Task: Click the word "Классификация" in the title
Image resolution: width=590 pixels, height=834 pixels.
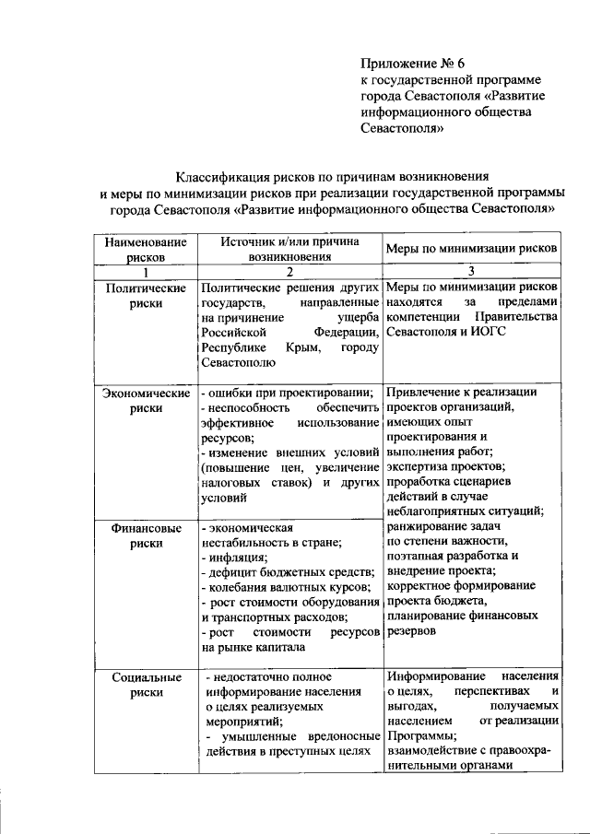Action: click(221, 175)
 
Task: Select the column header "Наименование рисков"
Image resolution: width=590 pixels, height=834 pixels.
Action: click(145, 250)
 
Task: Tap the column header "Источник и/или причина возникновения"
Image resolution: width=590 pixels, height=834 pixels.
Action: click(289, 250)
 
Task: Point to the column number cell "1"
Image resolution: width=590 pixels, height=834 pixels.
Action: click(145, 272)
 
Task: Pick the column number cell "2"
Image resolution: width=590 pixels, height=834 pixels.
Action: click(289, 272)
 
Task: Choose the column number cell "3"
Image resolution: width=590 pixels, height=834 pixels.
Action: click(471, 272)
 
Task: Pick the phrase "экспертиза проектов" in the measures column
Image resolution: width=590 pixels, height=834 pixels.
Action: click(438, 466)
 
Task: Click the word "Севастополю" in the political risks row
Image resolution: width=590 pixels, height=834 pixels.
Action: click(236, 364)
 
